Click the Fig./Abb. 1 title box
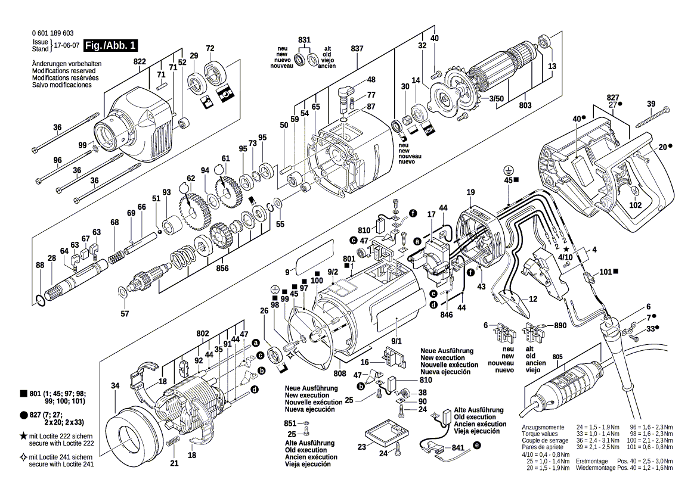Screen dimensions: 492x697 click(111, 45)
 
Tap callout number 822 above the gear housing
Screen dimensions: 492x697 click(140, 62)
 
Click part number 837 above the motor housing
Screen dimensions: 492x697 click(358, 48)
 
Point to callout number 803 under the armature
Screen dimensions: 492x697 click(525, 105)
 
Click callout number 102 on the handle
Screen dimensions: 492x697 click(635, 205)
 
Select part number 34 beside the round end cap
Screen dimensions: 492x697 click(115, 386)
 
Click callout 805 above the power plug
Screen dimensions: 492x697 click(557, 357)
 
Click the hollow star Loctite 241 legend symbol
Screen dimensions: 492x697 click(23, 457)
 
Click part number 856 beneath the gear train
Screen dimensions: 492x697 click(223, 268)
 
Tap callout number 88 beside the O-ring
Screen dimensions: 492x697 click(39, 265)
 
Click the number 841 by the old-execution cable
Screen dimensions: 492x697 click(458, 447)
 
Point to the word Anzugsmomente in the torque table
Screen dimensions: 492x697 click(543, 428)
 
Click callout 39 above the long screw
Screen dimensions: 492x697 click(651, 104)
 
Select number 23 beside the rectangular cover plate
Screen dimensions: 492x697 click(362, 447)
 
